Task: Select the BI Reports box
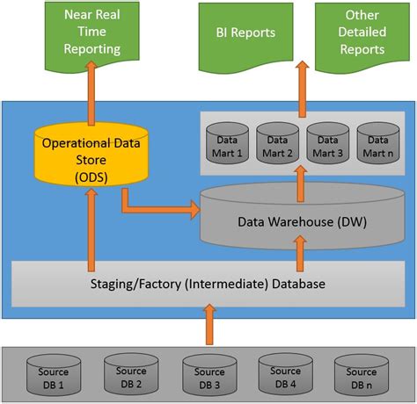coord(245,33)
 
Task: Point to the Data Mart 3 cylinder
coord(330,143)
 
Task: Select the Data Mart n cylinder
coord(380,143)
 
